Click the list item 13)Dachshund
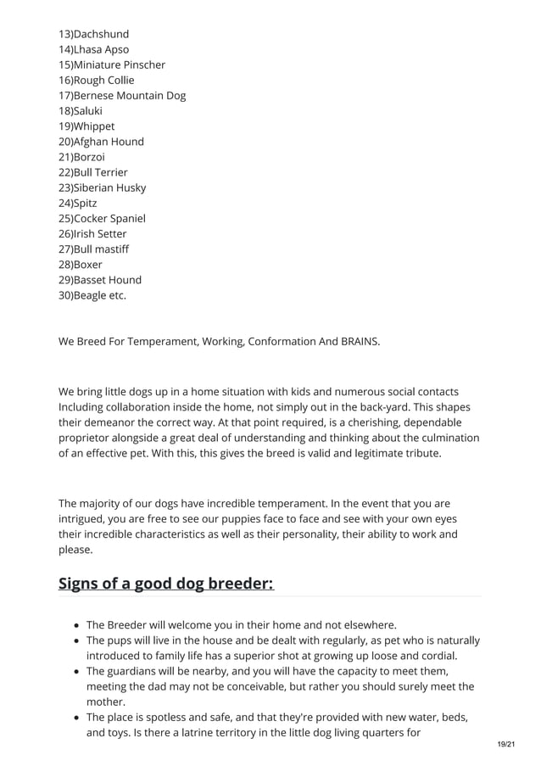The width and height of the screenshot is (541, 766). tap(93, 34)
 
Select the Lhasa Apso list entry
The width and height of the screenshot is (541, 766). tap(93, 49)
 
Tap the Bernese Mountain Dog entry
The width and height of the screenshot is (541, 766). tap(121, 95)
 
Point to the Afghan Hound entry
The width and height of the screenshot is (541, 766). tap(101, 142)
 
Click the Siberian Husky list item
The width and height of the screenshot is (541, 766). tap(102, 187)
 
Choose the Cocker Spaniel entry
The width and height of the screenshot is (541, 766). tap(102, 218)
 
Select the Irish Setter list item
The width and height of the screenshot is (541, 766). tap(92, 233)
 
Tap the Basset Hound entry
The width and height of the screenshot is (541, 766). tap(100, 280)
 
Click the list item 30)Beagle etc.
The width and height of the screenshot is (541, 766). tap(92, 295)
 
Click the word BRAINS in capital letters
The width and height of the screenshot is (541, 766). tap(360, 342)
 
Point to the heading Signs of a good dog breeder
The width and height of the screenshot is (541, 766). tap(166, 584)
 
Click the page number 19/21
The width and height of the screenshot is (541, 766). tap(505, 744)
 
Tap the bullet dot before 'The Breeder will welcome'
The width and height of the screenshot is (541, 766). tap(77, 625)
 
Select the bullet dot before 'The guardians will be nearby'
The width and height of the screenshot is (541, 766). tap(77, 671)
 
